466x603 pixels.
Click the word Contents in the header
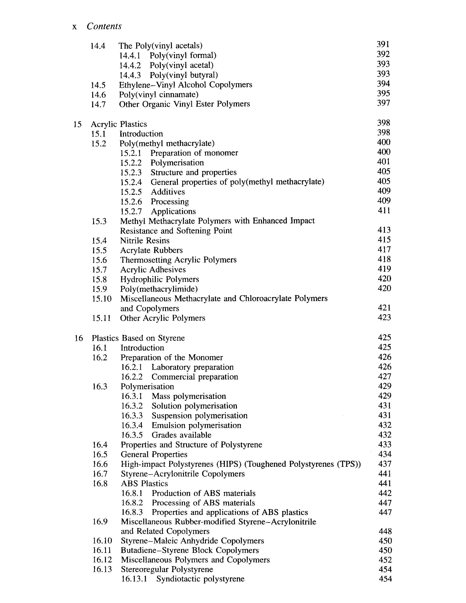point(104,26)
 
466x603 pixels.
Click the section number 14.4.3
point(130,75)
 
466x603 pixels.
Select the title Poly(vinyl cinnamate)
point(159,95)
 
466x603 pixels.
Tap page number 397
point(383,103)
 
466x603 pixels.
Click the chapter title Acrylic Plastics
point(119,124)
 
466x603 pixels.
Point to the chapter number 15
point(77,124)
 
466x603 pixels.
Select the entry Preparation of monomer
point(194,153)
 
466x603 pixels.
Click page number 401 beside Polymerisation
point(383,162)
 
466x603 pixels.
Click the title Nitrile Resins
point(145,241)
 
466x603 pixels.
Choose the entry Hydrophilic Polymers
point(160,280)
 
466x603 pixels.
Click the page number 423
point(384,318)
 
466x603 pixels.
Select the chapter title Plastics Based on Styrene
point(138,338)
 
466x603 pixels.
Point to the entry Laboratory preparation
point(192,367)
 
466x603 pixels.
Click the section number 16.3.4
point(132,425)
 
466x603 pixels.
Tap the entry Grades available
point(181,435)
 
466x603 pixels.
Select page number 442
point(385,493)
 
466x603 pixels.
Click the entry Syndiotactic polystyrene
point(200,579)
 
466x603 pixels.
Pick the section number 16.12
point(102,560)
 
